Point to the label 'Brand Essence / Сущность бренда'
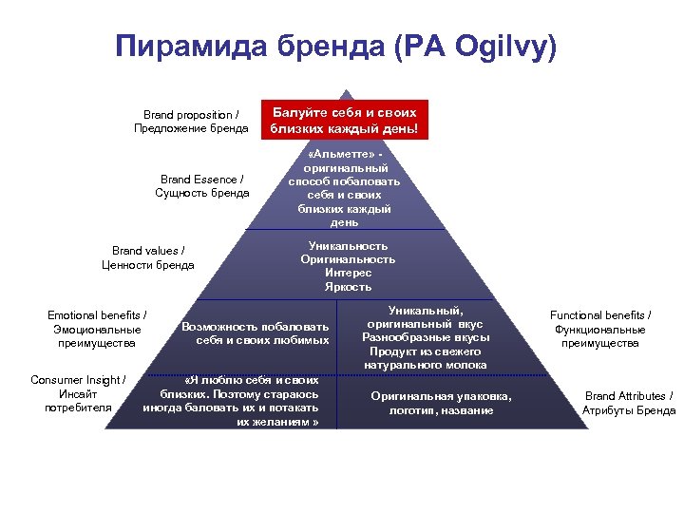[201, 185]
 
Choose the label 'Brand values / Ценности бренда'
[148, 257]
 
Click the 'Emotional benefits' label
[96, 329]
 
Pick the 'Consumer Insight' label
[78, 393]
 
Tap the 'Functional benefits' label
[600, 329]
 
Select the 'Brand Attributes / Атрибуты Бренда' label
[629, 403]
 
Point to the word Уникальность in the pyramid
[348, 245]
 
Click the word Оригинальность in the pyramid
[348, 259]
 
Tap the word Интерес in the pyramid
[348, 273]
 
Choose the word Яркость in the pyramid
[348, 287]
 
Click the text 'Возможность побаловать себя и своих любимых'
[256, 332]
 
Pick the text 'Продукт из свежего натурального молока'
[425, 357]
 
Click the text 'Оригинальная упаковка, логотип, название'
[441, 403]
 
